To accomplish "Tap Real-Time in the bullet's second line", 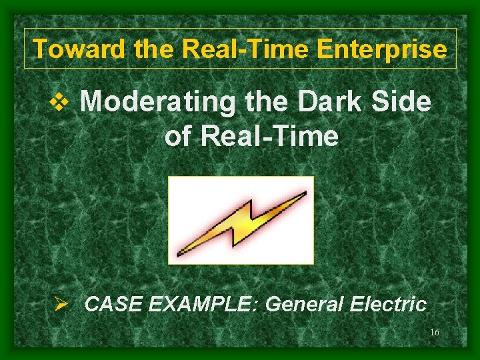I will coord(269,137).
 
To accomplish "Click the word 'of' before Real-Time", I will coord(177,137).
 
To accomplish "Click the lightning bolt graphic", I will coord(241,220).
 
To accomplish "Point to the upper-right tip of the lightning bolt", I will coord(305,193).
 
